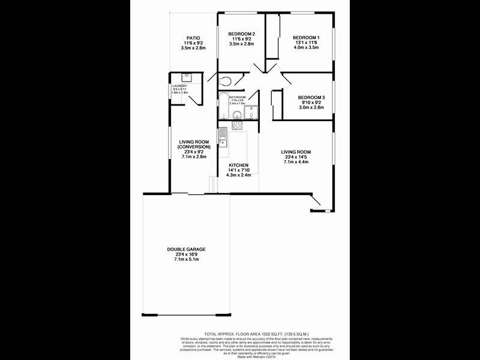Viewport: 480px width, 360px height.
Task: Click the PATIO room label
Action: (x=193, y=38)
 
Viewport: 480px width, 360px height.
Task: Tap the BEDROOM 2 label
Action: (x=242, y=34)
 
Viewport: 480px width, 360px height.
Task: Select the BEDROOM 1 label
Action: (x=306, y=38)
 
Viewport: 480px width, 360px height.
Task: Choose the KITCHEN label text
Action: (x=238, y=165)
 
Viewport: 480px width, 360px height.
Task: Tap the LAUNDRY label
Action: (x=179, y=86)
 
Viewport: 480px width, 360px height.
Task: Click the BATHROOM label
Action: (x=238, y=97)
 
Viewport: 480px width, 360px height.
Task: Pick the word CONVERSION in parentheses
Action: (x=194, y=146)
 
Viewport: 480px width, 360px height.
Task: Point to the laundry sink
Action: (x=186, y=77)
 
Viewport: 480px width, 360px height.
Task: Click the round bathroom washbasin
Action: (x=237, y=115)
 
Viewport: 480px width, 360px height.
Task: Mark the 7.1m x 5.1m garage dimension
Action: (x=187, y=260)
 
